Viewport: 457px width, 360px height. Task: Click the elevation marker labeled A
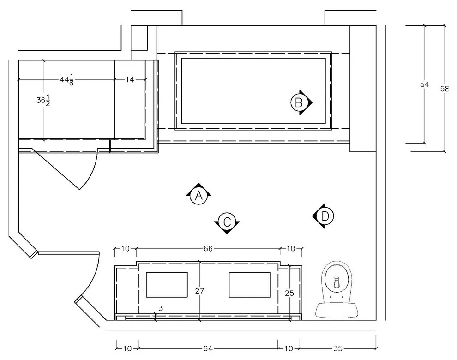pyautogui.click(x=199, y=195)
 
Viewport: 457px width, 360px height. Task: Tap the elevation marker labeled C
pyautogui.click(x=227, y=222)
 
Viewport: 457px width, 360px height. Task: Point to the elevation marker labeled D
pyautogui.click(x=323, y=216)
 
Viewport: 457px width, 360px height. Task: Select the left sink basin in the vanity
pyautogui.click(x=167, y=285)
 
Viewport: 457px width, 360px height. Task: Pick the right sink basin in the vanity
pyautogui.click(x=249, y=285)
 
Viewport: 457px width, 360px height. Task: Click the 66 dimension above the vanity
pyautogui.click(x=208, y=249)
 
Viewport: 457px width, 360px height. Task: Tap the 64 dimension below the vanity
pyautogui.click(x=208, y=348)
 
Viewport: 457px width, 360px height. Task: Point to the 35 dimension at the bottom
pyautogui.click(x=338, y=348)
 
